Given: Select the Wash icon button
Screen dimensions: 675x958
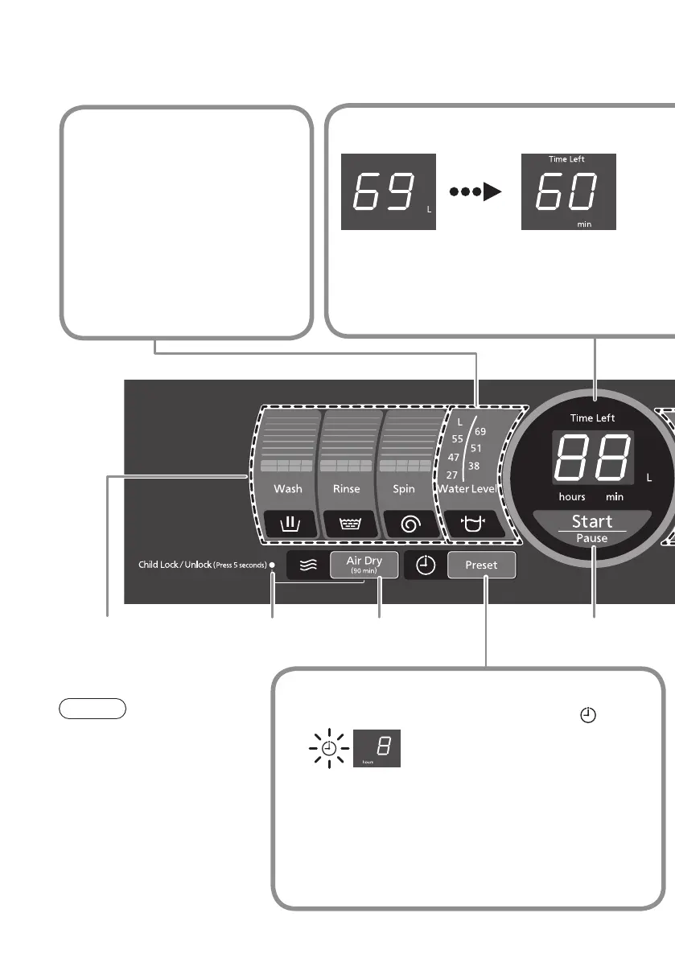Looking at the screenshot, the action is [x=288, y=525].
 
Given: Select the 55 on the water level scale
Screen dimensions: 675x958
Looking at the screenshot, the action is [x=456, y=439].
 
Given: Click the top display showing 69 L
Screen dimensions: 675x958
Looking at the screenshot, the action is [x=388, y=192].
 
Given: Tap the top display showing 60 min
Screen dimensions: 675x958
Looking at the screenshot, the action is [x=569, y=192].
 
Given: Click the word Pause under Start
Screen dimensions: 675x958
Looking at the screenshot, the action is [x=592, y=537].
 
